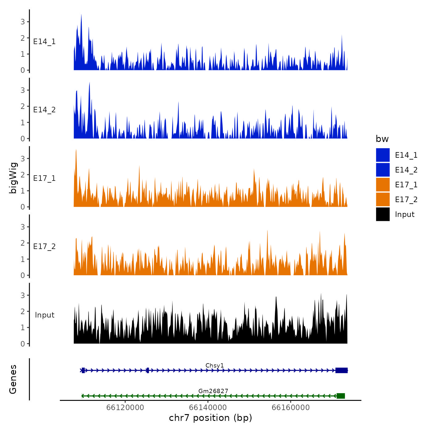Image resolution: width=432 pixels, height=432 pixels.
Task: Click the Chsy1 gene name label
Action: tap(215, 365)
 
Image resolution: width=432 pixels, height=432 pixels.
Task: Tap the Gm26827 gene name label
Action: tap(213, 391)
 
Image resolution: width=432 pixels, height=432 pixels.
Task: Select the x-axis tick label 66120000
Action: tap(125, 407)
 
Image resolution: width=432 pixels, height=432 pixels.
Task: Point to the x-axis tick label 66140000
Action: tap(208, 407)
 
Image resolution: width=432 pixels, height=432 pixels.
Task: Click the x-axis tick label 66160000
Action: tap(291, 407)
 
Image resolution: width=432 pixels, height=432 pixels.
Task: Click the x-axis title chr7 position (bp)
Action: tap(210, 418)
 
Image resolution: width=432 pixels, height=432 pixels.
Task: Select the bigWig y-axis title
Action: tap(13, 178)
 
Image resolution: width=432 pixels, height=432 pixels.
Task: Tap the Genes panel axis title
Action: tap(13, 379)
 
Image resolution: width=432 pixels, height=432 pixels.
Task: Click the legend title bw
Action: tap(382, 139)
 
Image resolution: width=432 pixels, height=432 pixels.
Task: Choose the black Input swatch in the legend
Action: tap(383, 214)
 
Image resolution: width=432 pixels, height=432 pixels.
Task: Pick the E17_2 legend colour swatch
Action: tap(383, 199)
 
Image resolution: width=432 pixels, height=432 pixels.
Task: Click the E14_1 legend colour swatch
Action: tap(383, 155)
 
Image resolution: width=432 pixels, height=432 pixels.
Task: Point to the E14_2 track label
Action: tap(44, 110)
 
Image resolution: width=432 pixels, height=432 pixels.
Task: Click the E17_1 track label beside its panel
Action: tap(44, 178)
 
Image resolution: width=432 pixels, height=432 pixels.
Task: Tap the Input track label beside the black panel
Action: tap(44, 315)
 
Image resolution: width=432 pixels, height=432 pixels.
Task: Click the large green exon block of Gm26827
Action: tap(341, 396)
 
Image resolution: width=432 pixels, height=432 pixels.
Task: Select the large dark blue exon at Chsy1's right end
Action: tap(342, 370)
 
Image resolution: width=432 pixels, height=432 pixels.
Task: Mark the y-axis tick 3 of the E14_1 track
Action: tap(23, 22)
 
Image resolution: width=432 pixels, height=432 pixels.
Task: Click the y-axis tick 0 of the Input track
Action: tap(23, 343)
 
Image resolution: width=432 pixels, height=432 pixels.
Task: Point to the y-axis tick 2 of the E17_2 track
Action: tap(23, 243)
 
